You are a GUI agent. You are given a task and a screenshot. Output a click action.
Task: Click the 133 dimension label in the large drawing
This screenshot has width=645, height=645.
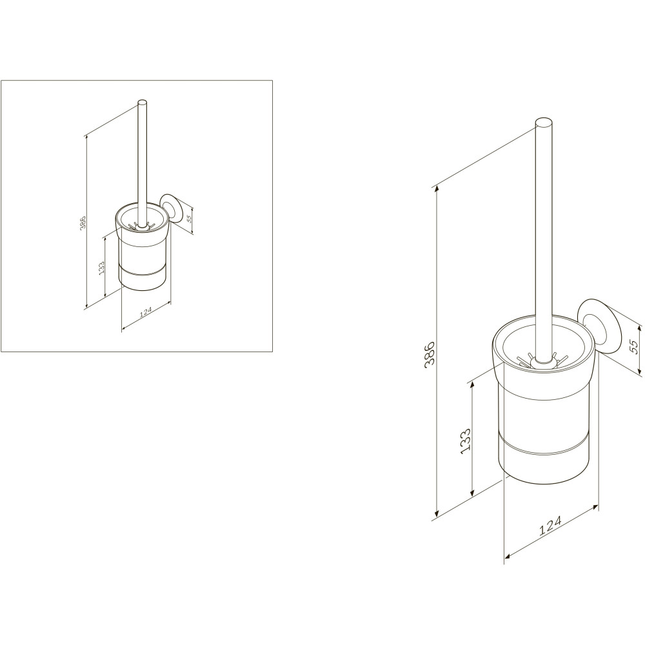pos(465,441)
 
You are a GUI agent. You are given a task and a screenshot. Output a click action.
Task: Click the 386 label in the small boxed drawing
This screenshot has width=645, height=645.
pos(83,222)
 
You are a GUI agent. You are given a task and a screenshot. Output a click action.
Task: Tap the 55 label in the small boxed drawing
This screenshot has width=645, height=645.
pos(189,218)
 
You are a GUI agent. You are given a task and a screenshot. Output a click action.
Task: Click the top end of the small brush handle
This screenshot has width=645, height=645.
pos(142,103)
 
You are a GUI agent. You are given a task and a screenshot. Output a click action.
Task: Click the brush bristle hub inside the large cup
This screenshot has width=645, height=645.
pos(539,362)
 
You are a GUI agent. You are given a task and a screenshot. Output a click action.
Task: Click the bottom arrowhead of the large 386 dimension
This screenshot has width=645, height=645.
pos(436,514)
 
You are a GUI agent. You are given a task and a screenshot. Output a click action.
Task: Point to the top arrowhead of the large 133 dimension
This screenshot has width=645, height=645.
pos(473,384)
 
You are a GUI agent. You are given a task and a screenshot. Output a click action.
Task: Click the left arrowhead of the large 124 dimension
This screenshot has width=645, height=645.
pos(508,557)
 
